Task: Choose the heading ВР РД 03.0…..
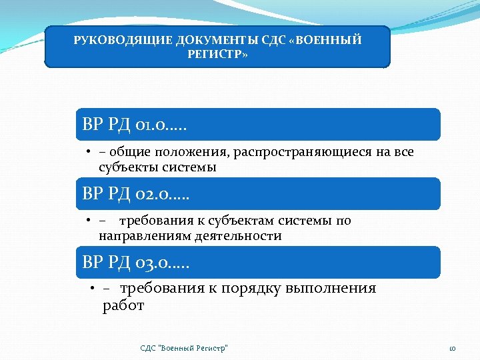coord(136,263)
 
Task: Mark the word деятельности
coord(238,236)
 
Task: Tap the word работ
coord(123,306)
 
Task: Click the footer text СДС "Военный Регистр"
coord(184,348)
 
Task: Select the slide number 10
coord(451,348)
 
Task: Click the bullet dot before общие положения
coord(88,153)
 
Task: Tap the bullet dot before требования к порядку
coord(92,289)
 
